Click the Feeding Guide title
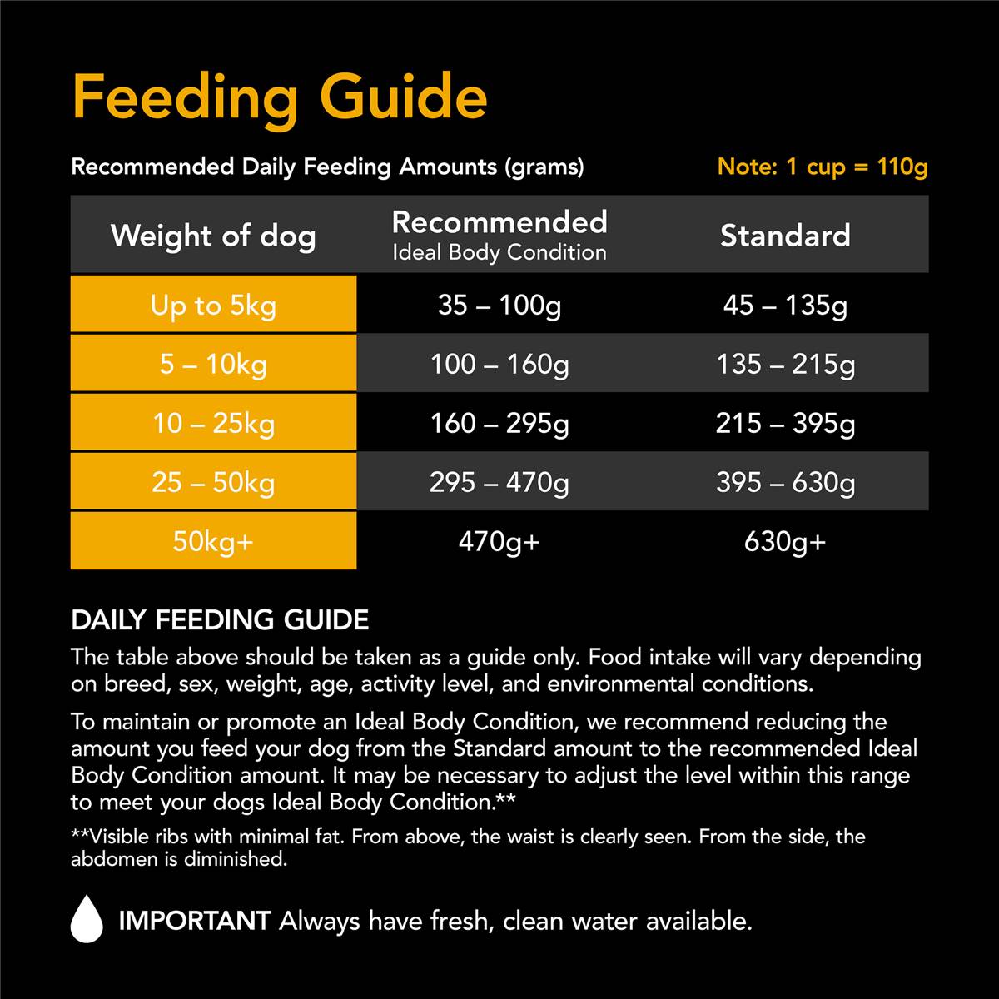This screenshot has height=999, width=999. [x=280, y=97]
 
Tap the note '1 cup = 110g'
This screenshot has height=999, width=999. [x=822, y=166]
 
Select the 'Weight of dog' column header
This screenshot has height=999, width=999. [x=213, y=236]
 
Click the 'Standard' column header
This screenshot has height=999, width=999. [x=785, y=236]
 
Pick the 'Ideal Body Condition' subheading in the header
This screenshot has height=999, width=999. [x=499, y=252]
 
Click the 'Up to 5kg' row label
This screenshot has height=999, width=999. [x=213, y=306]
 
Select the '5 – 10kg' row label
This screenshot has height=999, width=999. [x=213, y=365]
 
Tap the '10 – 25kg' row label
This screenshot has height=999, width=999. [x=213, y=424]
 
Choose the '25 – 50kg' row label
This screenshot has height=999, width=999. [x=213, y=483]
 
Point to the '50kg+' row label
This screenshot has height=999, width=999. [x=213, y=542]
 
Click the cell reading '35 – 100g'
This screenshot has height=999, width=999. [x=499, y=306]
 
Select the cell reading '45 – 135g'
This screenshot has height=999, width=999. [x=785, y=306]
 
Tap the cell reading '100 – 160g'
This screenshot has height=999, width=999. [x=499, y=365]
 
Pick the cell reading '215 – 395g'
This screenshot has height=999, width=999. [x=785, y=424]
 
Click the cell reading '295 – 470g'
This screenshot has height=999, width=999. [x=499, y=483]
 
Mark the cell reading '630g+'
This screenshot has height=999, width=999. [x=785, y=542]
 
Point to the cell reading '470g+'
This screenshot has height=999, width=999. [x=499, y=542]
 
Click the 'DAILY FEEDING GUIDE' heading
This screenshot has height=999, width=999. [x=220, y=620]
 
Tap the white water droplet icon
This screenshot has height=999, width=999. [x=87, y=920]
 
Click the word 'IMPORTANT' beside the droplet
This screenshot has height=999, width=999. [x=194, y=921]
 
